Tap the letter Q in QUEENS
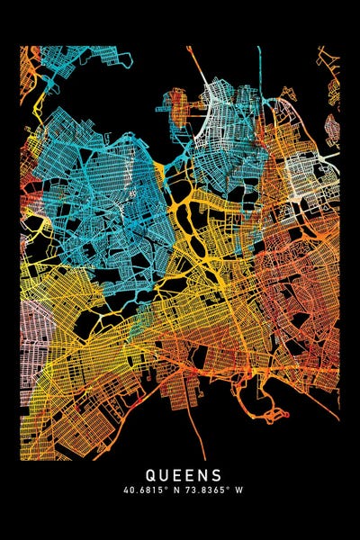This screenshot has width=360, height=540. [x=148, y=474]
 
